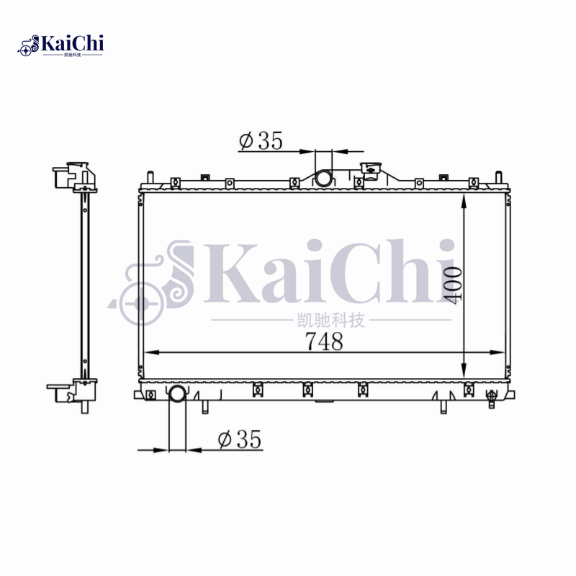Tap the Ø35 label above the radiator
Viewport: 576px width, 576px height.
(261, 141)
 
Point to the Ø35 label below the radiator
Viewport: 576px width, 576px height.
(238, 438)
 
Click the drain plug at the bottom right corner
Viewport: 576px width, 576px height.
(492, 395)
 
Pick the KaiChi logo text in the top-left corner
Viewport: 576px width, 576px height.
(72, 44)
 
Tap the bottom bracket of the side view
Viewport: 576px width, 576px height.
(73, 391)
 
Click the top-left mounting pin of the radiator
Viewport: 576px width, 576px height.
(149, 178)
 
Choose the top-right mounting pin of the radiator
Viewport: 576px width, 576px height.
(498, 178)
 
